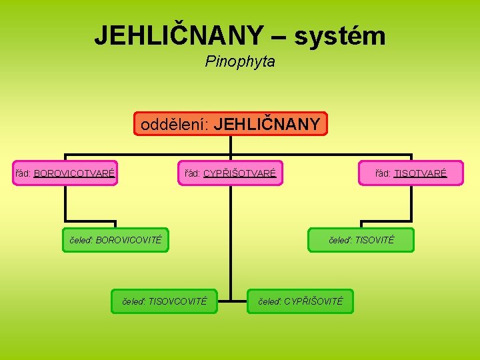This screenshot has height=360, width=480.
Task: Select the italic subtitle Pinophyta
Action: point(240,62)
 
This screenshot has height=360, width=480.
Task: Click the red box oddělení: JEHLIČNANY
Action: point(230,124)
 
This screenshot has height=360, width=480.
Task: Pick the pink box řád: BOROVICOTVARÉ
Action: point(65,173)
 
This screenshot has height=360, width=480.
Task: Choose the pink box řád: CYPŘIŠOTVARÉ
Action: point(230,173)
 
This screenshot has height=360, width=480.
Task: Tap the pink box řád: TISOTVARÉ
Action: point(411,173)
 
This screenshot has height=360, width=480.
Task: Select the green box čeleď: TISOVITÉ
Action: point(361,240)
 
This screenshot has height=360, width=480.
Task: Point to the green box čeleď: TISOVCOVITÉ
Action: point(165,301)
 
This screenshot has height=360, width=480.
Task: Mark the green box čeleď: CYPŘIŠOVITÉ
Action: point(299,301)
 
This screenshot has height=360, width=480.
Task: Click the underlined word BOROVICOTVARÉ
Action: point(75,173)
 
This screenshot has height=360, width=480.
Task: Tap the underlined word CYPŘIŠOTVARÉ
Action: point(239,173)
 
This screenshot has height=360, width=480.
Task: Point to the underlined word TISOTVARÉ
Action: point(420,173)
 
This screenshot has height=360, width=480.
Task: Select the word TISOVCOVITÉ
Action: point(178,301)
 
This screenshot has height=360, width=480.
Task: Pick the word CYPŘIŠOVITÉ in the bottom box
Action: point(313,301)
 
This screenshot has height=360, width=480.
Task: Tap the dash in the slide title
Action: point(279,37)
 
